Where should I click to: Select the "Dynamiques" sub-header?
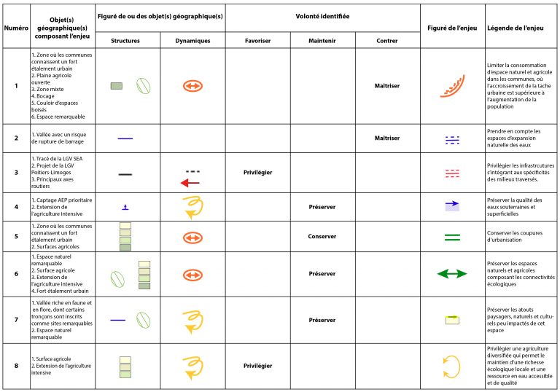tap(192, 42)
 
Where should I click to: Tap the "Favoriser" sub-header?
tap(257, 42)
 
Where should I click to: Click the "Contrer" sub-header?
tap(387, 42)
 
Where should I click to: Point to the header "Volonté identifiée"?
tap(322, 15)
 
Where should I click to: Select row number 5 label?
tap(15, 237)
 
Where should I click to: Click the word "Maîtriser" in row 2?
tap(387, 138)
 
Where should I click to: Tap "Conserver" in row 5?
tap(322, 237)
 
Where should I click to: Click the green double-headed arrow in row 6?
tap(452, 274)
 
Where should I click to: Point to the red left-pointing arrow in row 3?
tap(191, 183)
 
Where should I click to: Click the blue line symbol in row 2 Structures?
tap(125, 138)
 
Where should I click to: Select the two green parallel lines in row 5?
tap(452, 237)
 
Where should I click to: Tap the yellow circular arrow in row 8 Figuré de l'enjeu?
tap(452, 364)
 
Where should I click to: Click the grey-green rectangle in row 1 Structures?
tap(116, 86)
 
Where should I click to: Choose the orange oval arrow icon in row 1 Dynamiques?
tap(192, 86)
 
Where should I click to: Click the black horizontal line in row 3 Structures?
tap(125, 175)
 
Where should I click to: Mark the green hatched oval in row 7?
tap(144, 320)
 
